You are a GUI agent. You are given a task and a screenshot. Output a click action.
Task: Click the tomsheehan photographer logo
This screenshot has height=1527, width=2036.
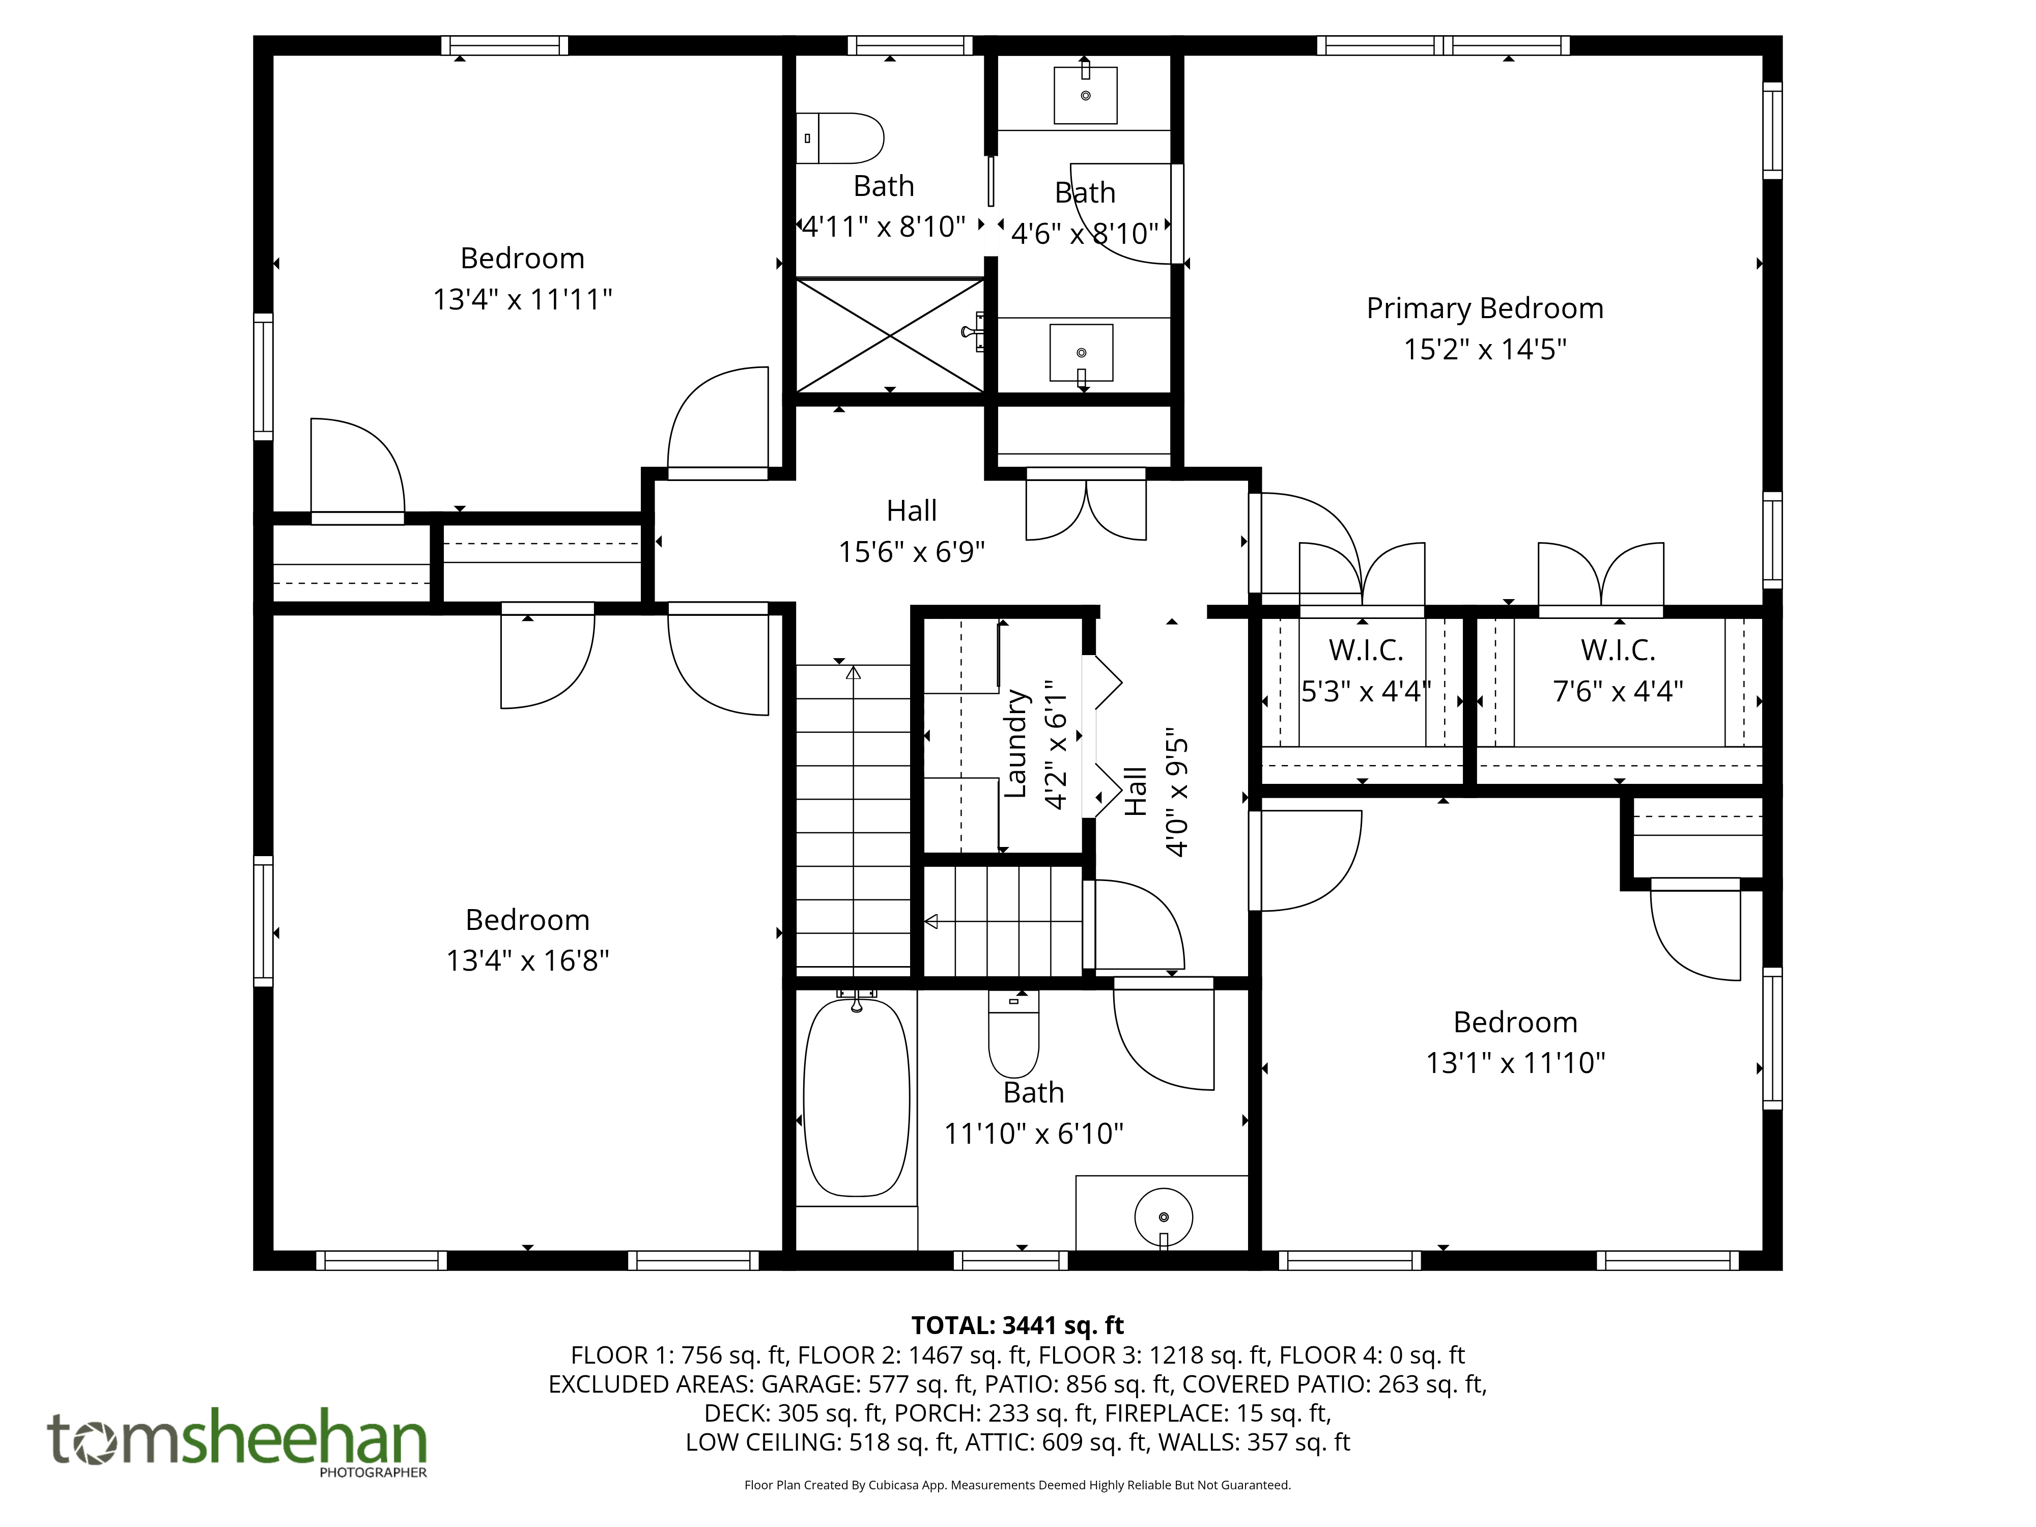tap(238, 1440)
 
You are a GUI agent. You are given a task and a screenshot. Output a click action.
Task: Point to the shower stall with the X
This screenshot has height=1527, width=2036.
tap(890, 336)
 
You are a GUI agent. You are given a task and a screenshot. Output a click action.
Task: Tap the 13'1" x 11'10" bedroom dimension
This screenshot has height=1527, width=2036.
tap(1515, 1063)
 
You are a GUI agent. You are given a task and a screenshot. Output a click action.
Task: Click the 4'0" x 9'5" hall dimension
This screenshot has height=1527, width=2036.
tap(1177, 797)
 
